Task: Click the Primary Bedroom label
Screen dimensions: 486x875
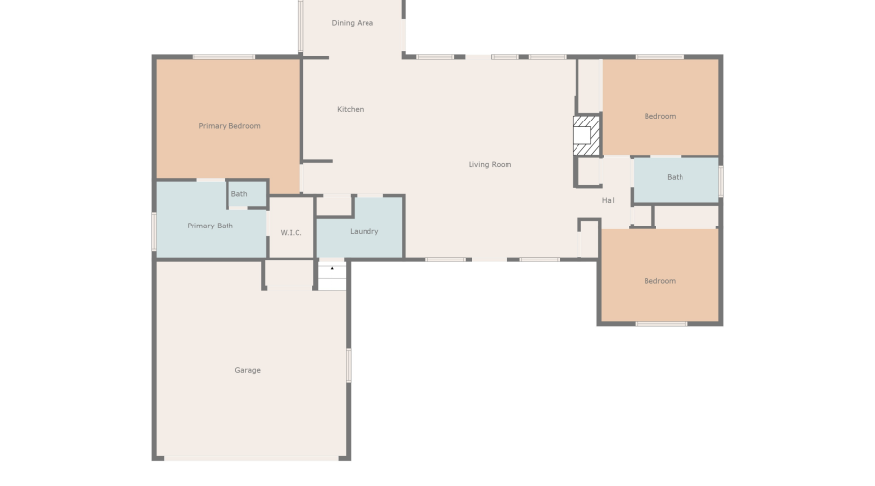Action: (x=229, y=126)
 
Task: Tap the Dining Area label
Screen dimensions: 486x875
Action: (x=352, y=23)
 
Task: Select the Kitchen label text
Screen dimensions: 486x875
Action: (x=350, y=109)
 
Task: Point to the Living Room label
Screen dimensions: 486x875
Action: (x=489, y=165)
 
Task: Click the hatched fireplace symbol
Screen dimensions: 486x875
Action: (x=586, y=135)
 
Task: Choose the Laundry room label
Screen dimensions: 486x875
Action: (x=364, y=231)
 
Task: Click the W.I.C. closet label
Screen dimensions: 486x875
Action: (x=291, y=233)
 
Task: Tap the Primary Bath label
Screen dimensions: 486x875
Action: (x=210, y=226)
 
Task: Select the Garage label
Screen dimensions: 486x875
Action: (x=247, y=370)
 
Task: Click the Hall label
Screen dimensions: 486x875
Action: (x=608, y=200)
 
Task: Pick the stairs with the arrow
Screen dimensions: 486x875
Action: (x=332, y=276)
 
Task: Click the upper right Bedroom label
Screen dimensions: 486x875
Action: (x=659, y=117)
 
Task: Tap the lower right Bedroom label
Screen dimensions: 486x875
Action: (x=659, y=281)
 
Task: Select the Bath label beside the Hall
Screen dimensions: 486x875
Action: (x=675, y=177)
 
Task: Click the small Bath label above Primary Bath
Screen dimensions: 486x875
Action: (x=239, y=194)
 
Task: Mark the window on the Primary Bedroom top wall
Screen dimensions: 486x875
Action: (x=223, y=57)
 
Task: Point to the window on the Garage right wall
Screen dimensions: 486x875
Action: (x=349, y=364)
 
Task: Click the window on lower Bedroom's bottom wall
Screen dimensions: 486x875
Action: (x=661, y=324)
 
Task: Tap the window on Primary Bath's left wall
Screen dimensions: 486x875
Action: (x=154, y=231)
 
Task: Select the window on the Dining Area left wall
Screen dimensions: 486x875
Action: (x=301, y=26)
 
